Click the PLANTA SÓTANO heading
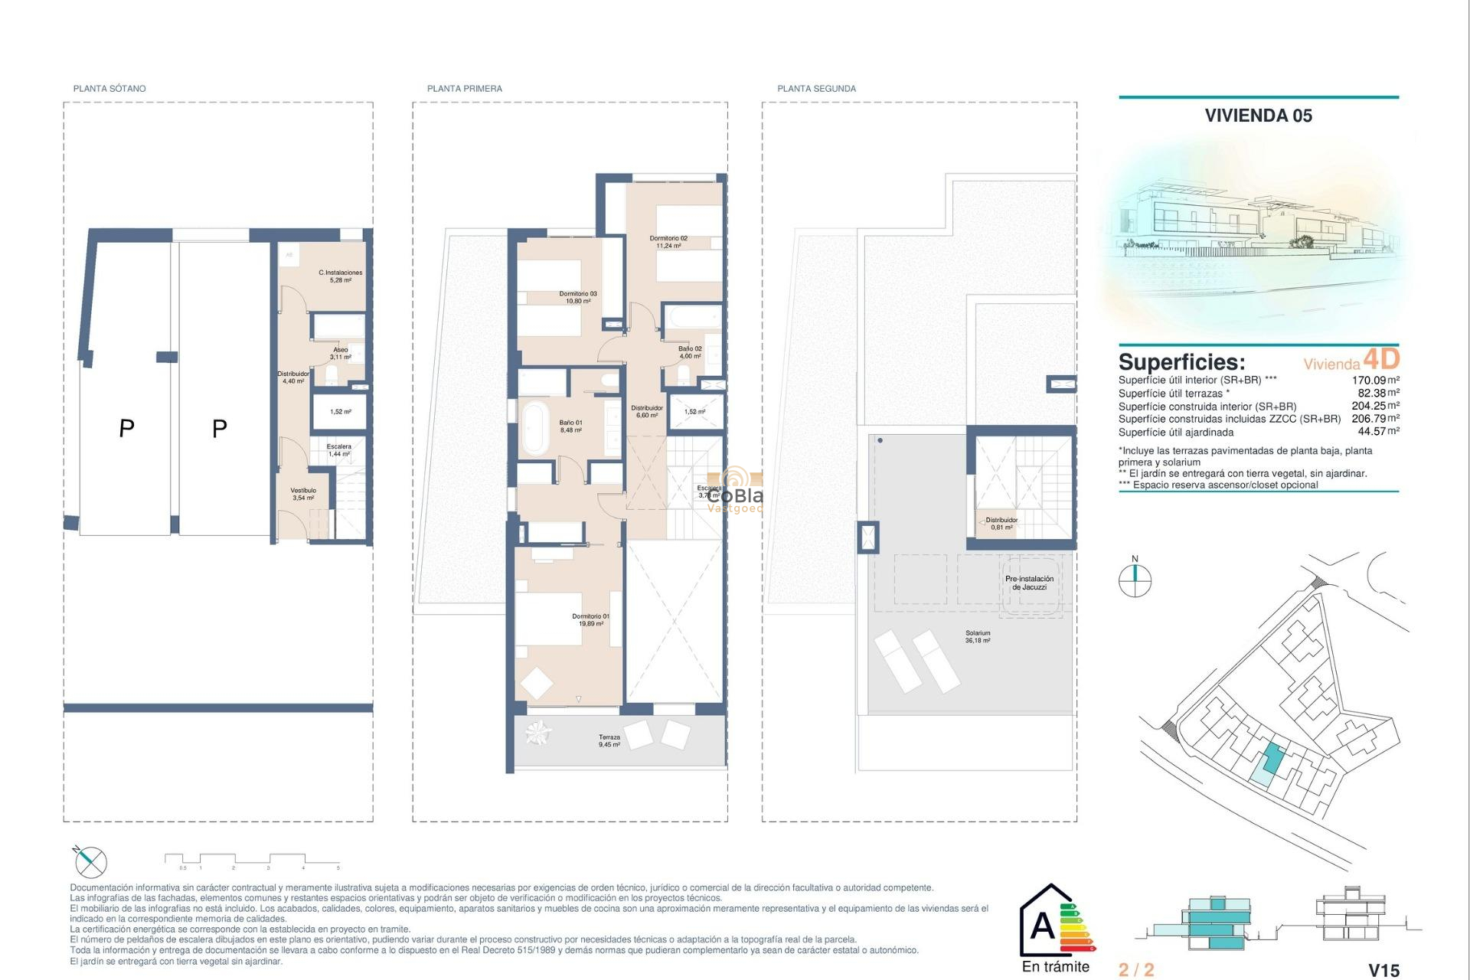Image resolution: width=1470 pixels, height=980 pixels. [x=109, y=89]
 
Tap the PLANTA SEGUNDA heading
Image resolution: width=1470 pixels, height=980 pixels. [x=816, y=89]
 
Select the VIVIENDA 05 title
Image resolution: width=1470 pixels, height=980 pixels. [x=1258, y=116]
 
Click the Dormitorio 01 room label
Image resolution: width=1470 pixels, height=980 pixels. [x=590, y=619]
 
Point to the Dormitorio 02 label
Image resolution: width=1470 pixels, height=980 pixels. [x=668, y=242]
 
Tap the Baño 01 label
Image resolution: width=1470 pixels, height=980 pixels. [x=570, y=426]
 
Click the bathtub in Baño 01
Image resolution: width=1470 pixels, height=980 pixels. [x=534, y=426]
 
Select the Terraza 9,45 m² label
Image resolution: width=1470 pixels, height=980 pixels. [x=609, y=740]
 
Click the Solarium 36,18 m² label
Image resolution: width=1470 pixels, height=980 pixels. [x=978, y=636]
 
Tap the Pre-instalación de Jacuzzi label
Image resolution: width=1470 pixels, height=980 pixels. [x=1029, y=583]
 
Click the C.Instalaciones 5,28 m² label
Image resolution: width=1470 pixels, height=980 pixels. [x=341, y=276]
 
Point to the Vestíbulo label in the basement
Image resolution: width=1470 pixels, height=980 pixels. [x=303, y=494]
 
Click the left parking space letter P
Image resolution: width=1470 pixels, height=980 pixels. [x=126, y=428]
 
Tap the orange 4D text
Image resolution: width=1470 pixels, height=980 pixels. [x=1381, y=358]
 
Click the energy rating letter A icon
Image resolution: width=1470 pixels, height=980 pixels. [x=1043, y=926]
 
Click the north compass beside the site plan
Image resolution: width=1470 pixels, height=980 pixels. [x=1135, y=579]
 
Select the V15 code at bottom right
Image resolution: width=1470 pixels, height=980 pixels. [x=1383, y=970]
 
